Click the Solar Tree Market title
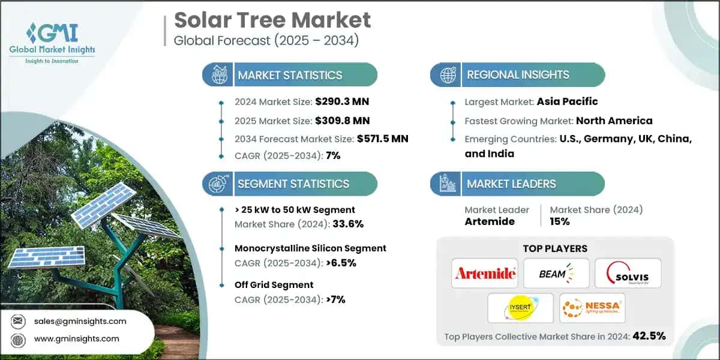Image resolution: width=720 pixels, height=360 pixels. [272, 20]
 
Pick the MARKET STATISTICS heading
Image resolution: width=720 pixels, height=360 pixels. [290, 75]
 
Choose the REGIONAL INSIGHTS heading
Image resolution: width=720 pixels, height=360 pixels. [518, 75]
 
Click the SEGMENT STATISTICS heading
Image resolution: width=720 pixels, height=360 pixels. [293, 184]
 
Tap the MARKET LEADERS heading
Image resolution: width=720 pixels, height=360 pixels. [511, 184]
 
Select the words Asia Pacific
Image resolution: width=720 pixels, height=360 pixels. [566, 102]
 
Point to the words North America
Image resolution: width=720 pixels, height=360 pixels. [614, 121]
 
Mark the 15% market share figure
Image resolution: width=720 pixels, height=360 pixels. [560, 221]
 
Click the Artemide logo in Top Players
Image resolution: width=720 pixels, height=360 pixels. [485, 274]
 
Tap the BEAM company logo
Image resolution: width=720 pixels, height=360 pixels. [555, 274]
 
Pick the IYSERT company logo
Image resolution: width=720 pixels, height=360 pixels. [520, 308]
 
